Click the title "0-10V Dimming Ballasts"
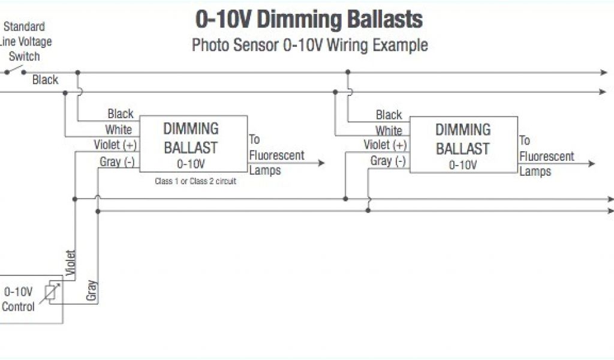309,19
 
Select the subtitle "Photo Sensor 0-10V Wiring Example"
309,45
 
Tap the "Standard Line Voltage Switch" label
25,41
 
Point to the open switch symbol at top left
16,71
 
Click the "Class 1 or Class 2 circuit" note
195,181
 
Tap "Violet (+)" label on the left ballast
115,145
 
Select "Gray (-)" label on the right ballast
388,161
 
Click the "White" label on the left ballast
119,130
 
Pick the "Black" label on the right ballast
389,115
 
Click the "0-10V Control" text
19,299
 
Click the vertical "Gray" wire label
92,290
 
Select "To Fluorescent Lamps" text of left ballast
276,155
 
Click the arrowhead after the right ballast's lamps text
592,164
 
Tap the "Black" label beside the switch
45,80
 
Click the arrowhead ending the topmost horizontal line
604,73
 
